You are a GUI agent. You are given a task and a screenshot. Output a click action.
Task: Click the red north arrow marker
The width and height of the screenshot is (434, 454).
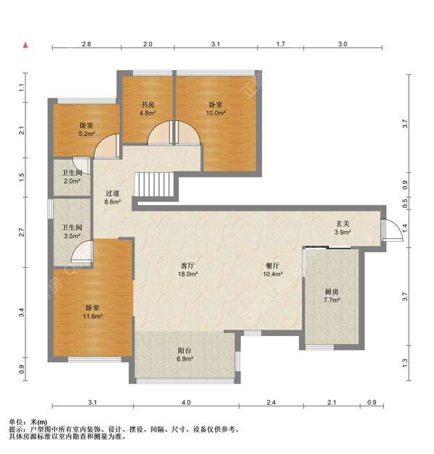pos(26,45)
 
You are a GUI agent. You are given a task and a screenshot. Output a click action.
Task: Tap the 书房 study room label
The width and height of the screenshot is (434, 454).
pos(148,105)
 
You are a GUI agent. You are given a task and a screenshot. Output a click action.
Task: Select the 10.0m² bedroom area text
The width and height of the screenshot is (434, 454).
pos(216,113)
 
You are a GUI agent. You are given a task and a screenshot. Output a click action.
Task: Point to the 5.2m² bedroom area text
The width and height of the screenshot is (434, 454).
pos(87,134)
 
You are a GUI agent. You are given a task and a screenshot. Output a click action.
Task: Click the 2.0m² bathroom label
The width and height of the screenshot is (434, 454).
pos(72,181)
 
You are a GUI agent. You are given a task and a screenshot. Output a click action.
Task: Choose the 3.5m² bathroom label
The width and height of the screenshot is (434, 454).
pos(72,236)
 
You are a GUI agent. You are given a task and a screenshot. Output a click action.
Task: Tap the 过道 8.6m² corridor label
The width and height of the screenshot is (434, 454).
pos(112,198)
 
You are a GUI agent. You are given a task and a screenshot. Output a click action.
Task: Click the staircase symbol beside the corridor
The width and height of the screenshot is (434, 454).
pos(154,185)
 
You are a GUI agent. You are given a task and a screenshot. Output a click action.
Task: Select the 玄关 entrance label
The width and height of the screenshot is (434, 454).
pos(343,224)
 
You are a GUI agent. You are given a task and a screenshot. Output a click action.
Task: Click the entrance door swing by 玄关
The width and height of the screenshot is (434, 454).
pos(393,230)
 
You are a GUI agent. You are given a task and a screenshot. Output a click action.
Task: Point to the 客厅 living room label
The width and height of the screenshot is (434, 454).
pos(187,266)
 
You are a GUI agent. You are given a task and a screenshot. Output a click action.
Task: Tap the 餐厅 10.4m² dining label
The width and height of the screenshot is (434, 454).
pos(273,269)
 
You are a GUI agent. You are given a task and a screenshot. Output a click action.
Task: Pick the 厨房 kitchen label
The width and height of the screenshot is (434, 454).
pos(331,292)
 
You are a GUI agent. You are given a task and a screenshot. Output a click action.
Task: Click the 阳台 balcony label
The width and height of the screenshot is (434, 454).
pos(184,350)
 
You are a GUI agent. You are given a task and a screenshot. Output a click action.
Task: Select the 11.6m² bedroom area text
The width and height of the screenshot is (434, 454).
pos(93,316)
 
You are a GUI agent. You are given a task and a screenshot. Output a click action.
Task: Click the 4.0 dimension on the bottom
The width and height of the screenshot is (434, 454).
pos(186,402)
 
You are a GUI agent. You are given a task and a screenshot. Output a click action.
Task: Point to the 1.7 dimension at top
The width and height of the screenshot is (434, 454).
pos(281,44)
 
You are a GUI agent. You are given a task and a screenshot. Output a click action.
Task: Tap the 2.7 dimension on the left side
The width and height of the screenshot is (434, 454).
pos(22,232)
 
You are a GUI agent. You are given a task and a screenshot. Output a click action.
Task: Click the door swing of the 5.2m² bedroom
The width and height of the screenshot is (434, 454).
pos(106,146)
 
